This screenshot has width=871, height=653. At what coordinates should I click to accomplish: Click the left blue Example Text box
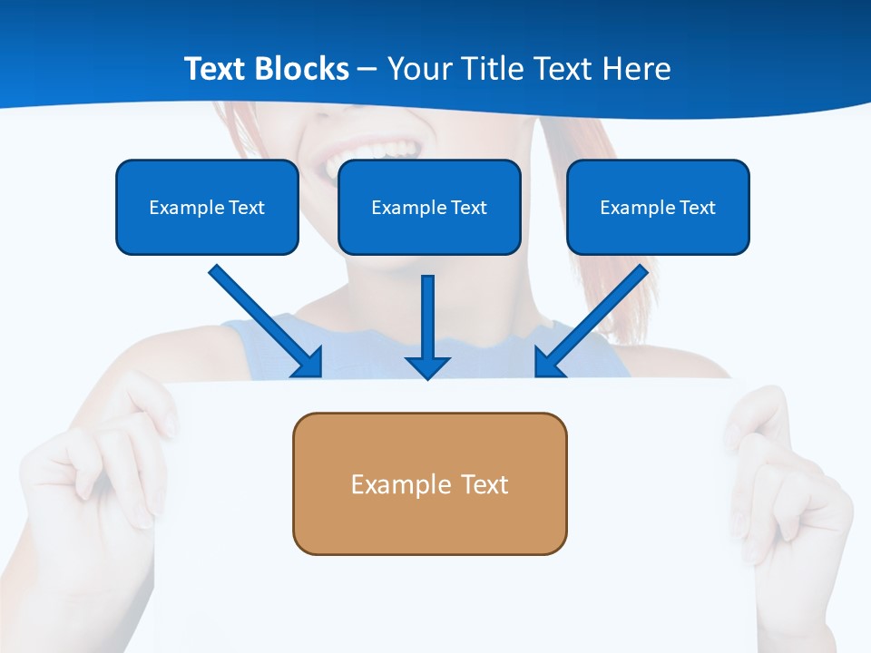[x=207, y=207]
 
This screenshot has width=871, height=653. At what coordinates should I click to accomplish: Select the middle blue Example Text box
[x=429, y=207]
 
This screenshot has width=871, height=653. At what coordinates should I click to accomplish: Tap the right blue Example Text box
[x=658, y=207]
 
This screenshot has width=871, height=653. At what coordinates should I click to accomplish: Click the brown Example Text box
[x=429, y=483]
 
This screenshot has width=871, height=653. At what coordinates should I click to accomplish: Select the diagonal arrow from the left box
[x=263, y=319]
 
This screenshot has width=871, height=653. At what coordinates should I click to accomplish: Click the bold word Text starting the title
[x=217, y=69]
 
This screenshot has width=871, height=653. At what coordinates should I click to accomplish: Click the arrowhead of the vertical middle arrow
[x=427, y=366]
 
